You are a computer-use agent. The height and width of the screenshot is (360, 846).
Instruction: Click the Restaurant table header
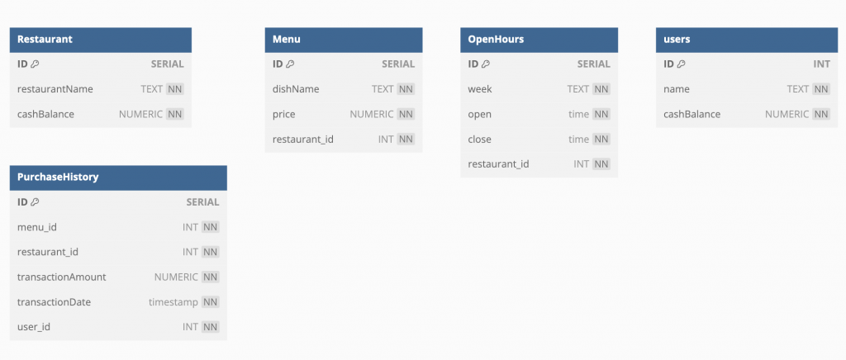pyautogui.click(x=45, y=40)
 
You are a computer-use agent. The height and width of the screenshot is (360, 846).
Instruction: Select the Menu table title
pyautogui.click(x=287, y=40)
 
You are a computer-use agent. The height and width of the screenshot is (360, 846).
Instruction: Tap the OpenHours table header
pyautogui.click(x=496, y=40)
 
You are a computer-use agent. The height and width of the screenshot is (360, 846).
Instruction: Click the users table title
pyautogui.click(x=677, y=40)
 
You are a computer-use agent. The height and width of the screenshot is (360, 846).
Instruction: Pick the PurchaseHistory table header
pyautogui.click(x=58, y=177)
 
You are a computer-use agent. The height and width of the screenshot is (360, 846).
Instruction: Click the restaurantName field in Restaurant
pyautogui.click(x=55, y=89)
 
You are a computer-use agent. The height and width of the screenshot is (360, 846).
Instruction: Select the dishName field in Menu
pyautogui.click(x=296, y=89)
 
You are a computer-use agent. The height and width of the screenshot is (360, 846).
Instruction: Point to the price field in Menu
pyautogui.click(x=283, y=114)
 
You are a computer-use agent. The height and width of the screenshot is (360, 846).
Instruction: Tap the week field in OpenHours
pyautogui.click(x=480, y=89)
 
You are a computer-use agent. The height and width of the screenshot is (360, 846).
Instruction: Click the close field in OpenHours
pyautogui.click(x=480, y=139)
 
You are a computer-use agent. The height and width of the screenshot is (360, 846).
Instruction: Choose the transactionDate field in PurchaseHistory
pyautogui.click(x=54, y=302)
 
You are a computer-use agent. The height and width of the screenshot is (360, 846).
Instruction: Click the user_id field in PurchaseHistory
pyautogui.click(x=34, y=327)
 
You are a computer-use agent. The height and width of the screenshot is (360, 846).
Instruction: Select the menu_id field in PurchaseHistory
pyautogui.click(x=36, y=227)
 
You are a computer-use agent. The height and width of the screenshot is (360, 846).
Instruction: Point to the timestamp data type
pyautogui.click(x=173, y=302)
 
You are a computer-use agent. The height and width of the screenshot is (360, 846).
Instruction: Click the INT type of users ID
pyautogui.click(x=821, y=64)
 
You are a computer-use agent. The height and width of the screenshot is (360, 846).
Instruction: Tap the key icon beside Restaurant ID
pyautogui.click(x=36, y=64)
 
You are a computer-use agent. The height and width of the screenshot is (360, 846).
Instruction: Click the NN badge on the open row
pyautogui.click(x=601, y=114)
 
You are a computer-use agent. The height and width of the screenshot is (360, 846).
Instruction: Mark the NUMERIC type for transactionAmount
pyautogui.click(x=176, y=277)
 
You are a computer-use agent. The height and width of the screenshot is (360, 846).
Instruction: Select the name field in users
pyautogui.click(x=677, y=89)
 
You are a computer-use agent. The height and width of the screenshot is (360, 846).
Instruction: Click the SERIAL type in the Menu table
pyautogui.click(x=398, y=64)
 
